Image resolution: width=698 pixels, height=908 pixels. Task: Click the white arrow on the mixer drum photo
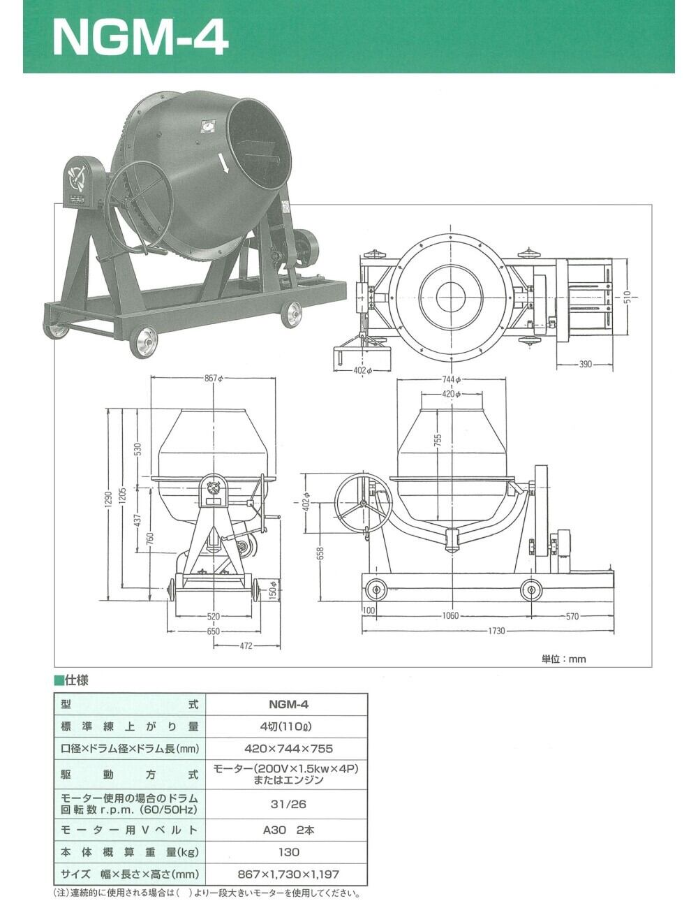[224, 163]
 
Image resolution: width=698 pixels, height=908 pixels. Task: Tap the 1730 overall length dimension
[496, 631]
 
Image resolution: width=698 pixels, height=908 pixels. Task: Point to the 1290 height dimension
[109, 500]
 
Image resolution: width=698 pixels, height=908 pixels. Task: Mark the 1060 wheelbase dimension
[451, 616]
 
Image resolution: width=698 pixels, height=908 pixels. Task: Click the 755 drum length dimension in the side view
[438, 439]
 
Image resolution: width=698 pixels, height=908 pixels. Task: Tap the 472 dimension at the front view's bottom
[246, 646]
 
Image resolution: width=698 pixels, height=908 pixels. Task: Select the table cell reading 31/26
[288, 804]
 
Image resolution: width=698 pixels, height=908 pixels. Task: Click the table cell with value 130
[288, 851]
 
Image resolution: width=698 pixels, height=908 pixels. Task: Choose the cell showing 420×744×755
[288, 748]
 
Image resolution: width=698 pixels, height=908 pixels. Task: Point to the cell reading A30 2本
[288, 830]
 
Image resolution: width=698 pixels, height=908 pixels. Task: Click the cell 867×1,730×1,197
[288, 874]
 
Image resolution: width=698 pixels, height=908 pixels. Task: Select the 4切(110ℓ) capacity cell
[288, 726]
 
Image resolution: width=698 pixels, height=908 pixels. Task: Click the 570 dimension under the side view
[572, 616]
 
